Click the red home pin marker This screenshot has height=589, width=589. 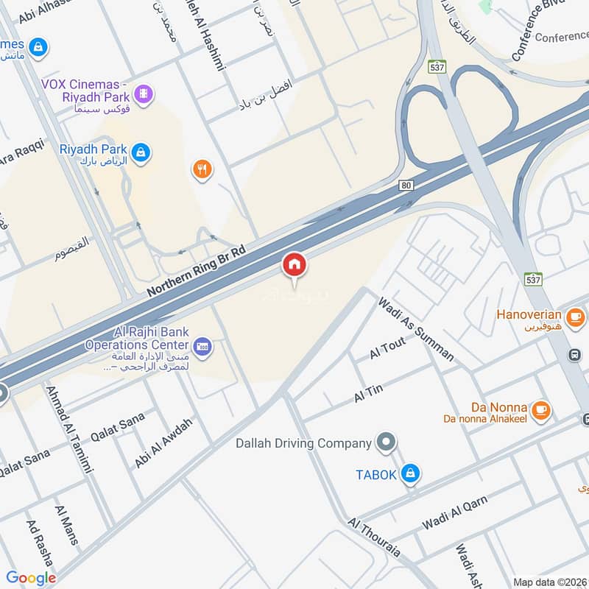tap(294, 264)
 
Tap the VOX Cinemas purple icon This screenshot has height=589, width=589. tap(145, 94)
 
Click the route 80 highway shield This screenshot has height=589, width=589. tap(406, 185)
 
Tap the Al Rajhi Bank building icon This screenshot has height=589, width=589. tap(202, 345)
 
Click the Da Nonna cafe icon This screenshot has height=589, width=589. tap(541, 409)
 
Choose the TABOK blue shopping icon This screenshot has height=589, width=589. tap(412, 473)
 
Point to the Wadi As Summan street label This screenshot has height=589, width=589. tap(416, 328)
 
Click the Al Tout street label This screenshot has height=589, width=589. tap(388, 349)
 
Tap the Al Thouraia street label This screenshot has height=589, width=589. tap(374, 542)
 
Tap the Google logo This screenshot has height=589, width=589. tap(31, 578)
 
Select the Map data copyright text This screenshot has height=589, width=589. tap(550, 582)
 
